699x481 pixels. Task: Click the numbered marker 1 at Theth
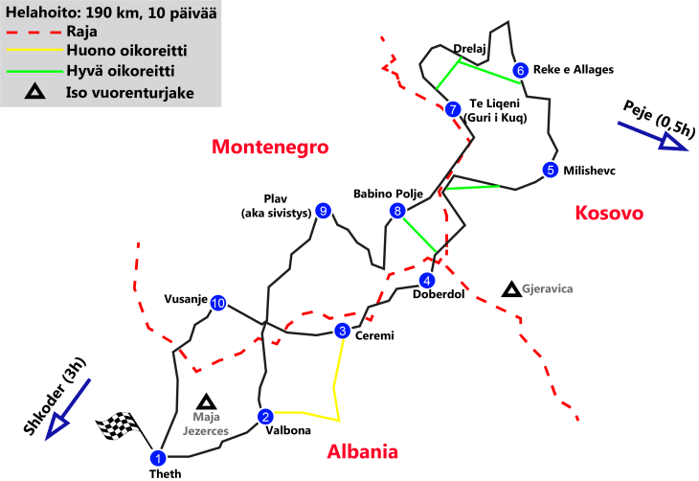click(x=159, y=457)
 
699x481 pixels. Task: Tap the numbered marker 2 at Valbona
click(x=265, y=416)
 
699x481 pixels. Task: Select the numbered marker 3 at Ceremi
click(x=342, y=332)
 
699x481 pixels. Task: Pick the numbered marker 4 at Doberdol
click(x=427, y=280)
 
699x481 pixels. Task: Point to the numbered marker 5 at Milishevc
click(x=550, y=170)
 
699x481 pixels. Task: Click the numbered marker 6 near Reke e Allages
click(x=520, y=69)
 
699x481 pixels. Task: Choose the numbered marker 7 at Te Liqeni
click(x=453, y=109)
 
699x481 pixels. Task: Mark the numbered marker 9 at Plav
click(x=324, y=211)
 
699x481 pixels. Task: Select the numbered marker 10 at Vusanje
click(x=218, y=303)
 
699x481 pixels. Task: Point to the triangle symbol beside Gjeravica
click(x=512, y=287)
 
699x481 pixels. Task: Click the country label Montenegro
click(x=270, y=148)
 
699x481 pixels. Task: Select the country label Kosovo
click(x=608, y=214)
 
